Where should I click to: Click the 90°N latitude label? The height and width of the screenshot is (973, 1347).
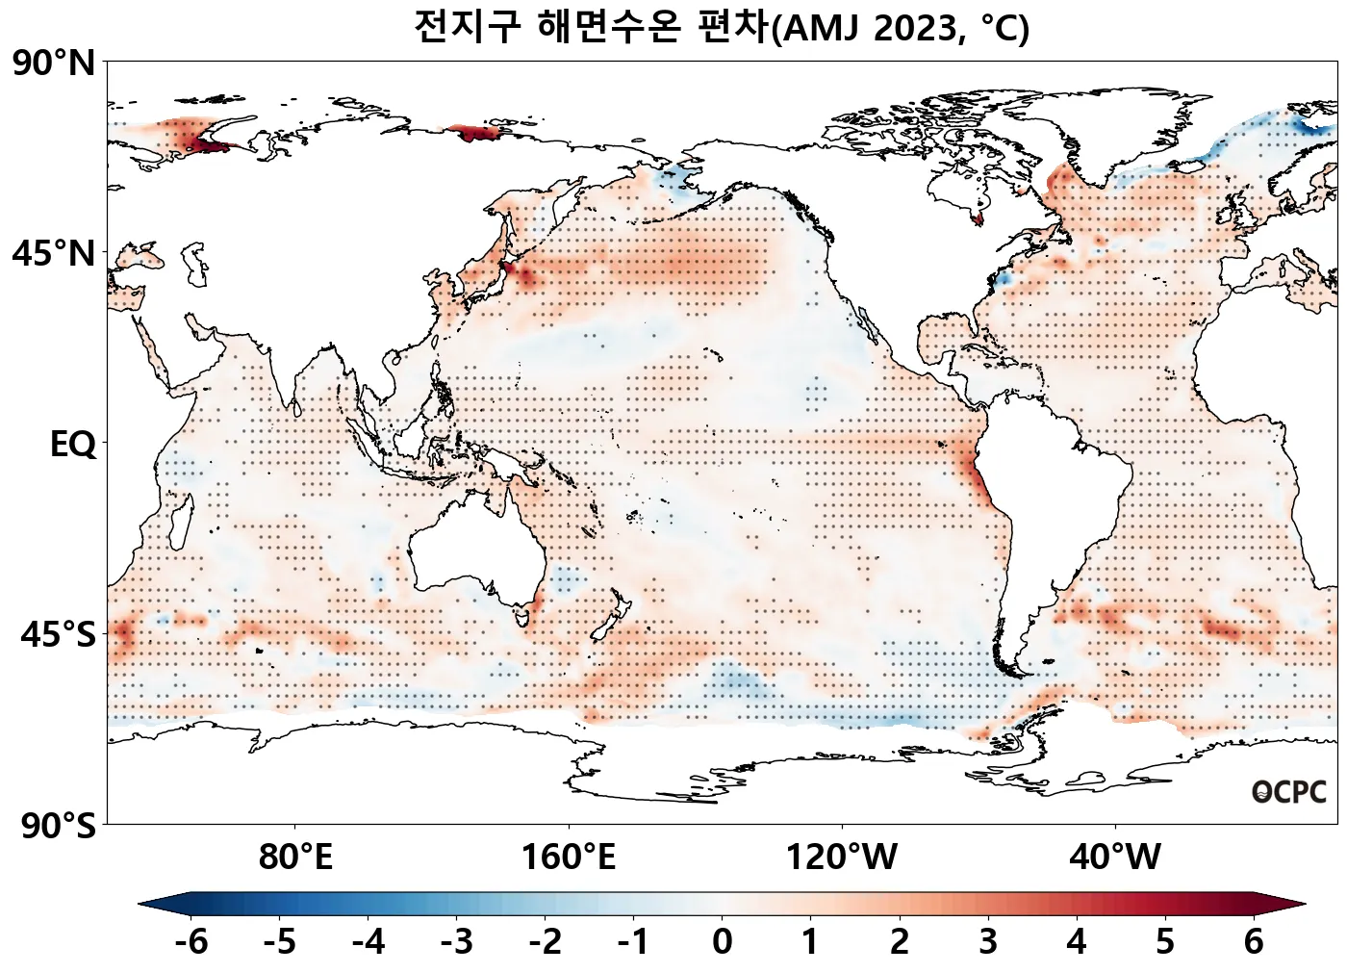click(54, 64)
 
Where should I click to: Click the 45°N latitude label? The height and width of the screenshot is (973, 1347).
click(54, 254)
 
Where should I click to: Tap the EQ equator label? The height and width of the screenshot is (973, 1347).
click(73, 445)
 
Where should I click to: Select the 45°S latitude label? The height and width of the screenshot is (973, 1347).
click(58, 635)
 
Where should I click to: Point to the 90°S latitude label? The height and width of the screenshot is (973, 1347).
click(58, 826)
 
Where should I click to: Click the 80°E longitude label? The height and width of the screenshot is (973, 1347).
click(295, 857)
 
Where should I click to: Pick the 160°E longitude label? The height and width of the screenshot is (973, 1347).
click(569, 857)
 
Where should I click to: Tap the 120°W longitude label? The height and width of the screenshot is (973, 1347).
click(842, 857)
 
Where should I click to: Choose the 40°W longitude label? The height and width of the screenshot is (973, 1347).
click(1115, 857)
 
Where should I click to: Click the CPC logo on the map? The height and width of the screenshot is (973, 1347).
click(1289, 792)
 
